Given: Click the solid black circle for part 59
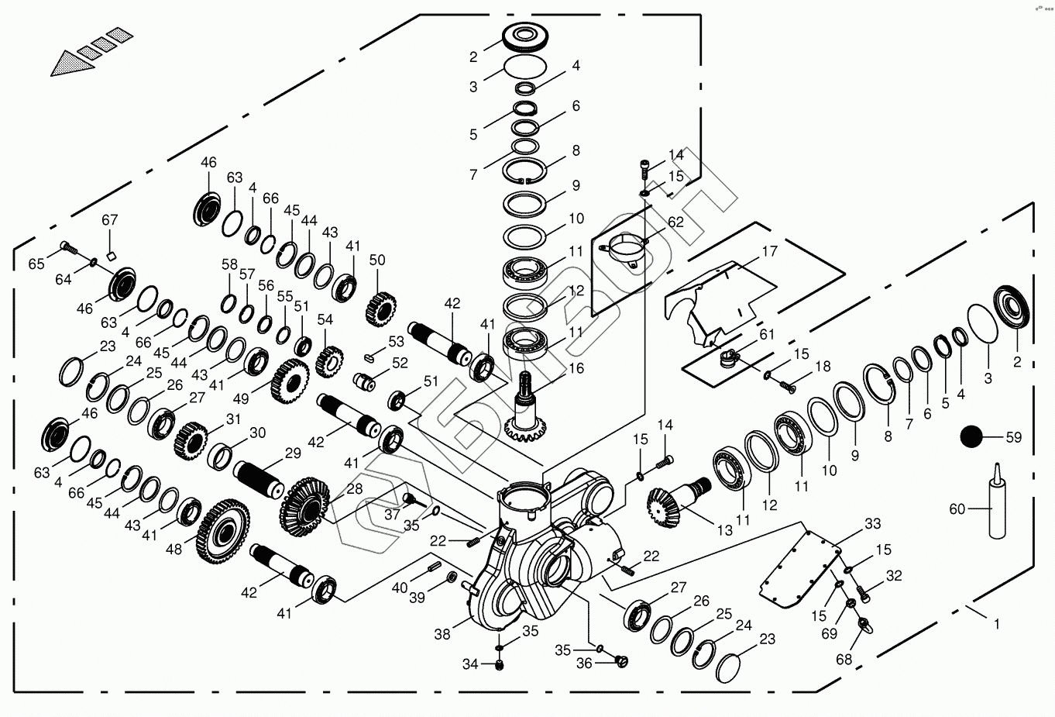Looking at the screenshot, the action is [971, 436].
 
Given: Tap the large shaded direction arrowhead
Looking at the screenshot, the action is [72, 64].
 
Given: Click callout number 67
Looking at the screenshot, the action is [110, 219].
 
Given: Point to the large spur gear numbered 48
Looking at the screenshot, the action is [223, 531].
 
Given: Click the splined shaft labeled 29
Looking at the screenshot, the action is [259, 479].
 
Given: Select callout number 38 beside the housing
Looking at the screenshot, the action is [442, 634].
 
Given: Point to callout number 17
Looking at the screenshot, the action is [770, 251].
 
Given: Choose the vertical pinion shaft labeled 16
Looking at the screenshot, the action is [525, 407].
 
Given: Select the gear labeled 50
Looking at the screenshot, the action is [380, 309].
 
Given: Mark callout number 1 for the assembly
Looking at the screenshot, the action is [997, 624].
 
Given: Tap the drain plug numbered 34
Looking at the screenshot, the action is [500, 664].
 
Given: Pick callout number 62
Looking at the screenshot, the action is [675, 222].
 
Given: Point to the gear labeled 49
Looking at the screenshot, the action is [290, 381].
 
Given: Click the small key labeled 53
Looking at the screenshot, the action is [371, 357].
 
